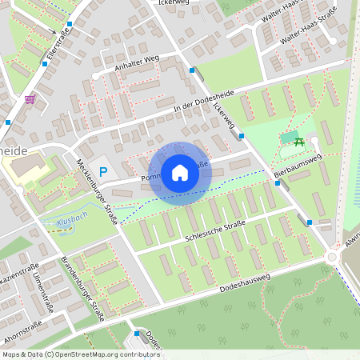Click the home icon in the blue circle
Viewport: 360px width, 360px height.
click(x=180, y=172)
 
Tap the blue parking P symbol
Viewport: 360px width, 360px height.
click(x=103, y=171)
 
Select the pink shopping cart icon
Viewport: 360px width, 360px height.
click(x=30, y=99)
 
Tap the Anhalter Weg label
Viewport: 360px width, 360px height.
click(x=138, y=62)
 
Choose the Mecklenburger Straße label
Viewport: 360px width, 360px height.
click(x=98, y=180)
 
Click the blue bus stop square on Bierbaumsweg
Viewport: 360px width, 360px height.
click(x=278, y=183)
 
